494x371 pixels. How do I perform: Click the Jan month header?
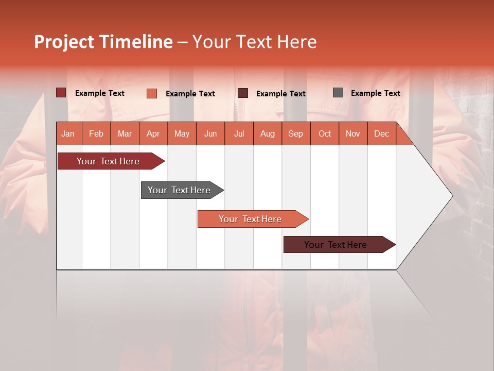click(68, 133)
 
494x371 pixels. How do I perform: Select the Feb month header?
click(96, 133)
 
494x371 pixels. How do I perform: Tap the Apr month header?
click(153, 133)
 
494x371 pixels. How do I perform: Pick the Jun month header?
click(210, 133)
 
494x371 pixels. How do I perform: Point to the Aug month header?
click(268, 133)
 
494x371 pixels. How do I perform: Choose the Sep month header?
click(296, 133)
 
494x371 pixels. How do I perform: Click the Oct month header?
click(325, 133)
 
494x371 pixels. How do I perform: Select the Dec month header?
click(382, 133)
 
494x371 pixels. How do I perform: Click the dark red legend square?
click(61, 93)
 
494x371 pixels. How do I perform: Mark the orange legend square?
click(152, 93)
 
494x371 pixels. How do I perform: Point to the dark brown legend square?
click(243, 93)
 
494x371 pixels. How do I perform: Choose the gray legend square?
click(338, 93)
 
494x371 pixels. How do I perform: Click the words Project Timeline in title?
click(103, 42)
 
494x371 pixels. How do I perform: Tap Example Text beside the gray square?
click(376, 93)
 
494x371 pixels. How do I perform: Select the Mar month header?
click(125, 133)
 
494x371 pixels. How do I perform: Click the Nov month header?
click(353, 133)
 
